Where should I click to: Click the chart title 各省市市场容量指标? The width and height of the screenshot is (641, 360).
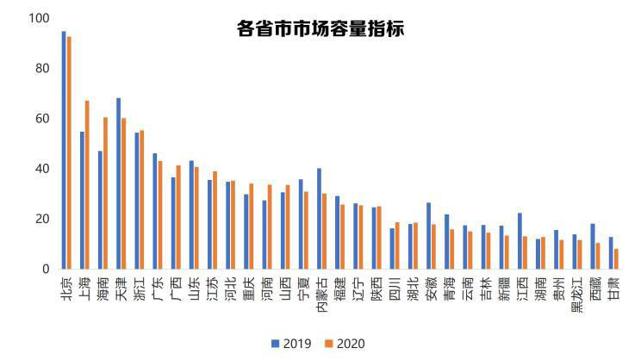[x=320, y=28]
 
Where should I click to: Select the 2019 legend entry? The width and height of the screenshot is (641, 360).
[x=294, y=344]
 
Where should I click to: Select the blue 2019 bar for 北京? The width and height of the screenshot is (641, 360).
[x=64, y=150]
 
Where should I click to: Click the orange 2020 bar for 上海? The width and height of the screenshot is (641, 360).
[x=87, y=184]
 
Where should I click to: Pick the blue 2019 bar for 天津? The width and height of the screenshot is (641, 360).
[x=119, y=183]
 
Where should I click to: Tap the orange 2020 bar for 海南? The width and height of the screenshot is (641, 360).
[x=105, y=193]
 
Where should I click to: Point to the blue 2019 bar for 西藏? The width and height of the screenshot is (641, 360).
[x=593, y=246]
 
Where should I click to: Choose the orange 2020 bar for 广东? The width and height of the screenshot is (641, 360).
[x=160, y=214]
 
